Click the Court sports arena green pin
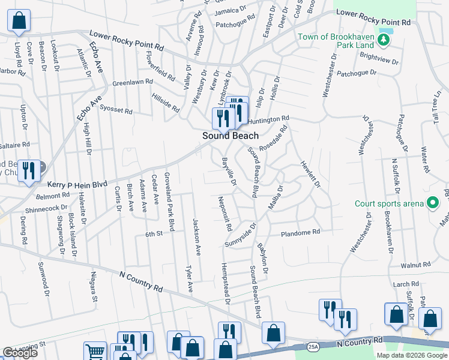coord(431,203)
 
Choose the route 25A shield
coord(312,346)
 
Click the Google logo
coord(20,353)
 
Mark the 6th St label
coord(154,234)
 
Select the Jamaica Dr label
coord(231,11)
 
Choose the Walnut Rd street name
coord(416,264)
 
